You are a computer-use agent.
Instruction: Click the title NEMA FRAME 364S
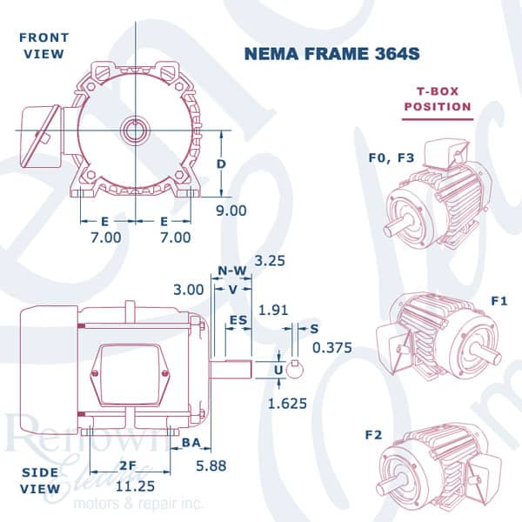click(x=333, y=52)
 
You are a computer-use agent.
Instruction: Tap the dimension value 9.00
click(x=231, y=210)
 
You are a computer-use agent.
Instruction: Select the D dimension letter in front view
click(x=223, y=164)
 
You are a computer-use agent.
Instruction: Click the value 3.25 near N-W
click(x=271, y=259)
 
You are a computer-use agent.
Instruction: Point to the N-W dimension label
click(x=231, y=271)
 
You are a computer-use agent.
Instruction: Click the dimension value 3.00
click(x=189, y=289)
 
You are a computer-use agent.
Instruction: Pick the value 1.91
click(x=272, y=309)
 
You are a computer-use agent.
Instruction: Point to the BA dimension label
click(x=193, y=444)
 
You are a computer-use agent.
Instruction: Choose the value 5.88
click(x=211, y=465)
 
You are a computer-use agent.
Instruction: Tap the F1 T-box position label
click(x=499, y=300)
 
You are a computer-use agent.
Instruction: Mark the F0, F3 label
click(x=387, y=157)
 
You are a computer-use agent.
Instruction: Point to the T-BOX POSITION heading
click(x=438, y=99)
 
